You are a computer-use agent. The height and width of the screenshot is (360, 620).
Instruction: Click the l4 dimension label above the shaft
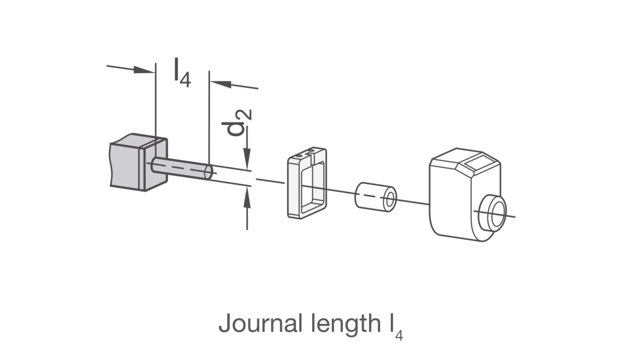[x=182, y=72]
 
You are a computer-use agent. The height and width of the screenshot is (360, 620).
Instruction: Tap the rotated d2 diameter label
[x=237, y=123]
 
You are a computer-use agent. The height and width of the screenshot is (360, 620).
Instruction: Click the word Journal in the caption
[x=260, y=324]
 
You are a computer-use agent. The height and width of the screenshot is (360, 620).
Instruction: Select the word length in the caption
[x=346, y=324]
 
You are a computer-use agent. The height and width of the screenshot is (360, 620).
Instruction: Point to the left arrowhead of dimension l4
[x=144, y=70]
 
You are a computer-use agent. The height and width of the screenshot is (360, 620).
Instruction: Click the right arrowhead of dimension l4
[x=221, y=84]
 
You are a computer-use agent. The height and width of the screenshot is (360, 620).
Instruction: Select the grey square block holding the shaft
[x=139, y=162]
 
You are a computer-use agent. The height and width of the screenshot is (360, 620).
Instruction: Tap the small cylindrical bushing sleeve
[x=376, y=197]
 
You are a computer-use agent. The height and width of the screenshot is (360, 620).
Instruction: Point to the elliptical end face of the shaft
[x=209, y=172]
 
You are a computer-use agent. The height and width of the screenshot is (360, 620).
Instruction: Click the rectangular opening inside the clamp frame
[x=313, y=186]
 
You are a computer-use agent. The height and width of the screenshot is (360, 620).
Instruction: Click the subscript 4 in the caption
[x=399, y=336]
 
